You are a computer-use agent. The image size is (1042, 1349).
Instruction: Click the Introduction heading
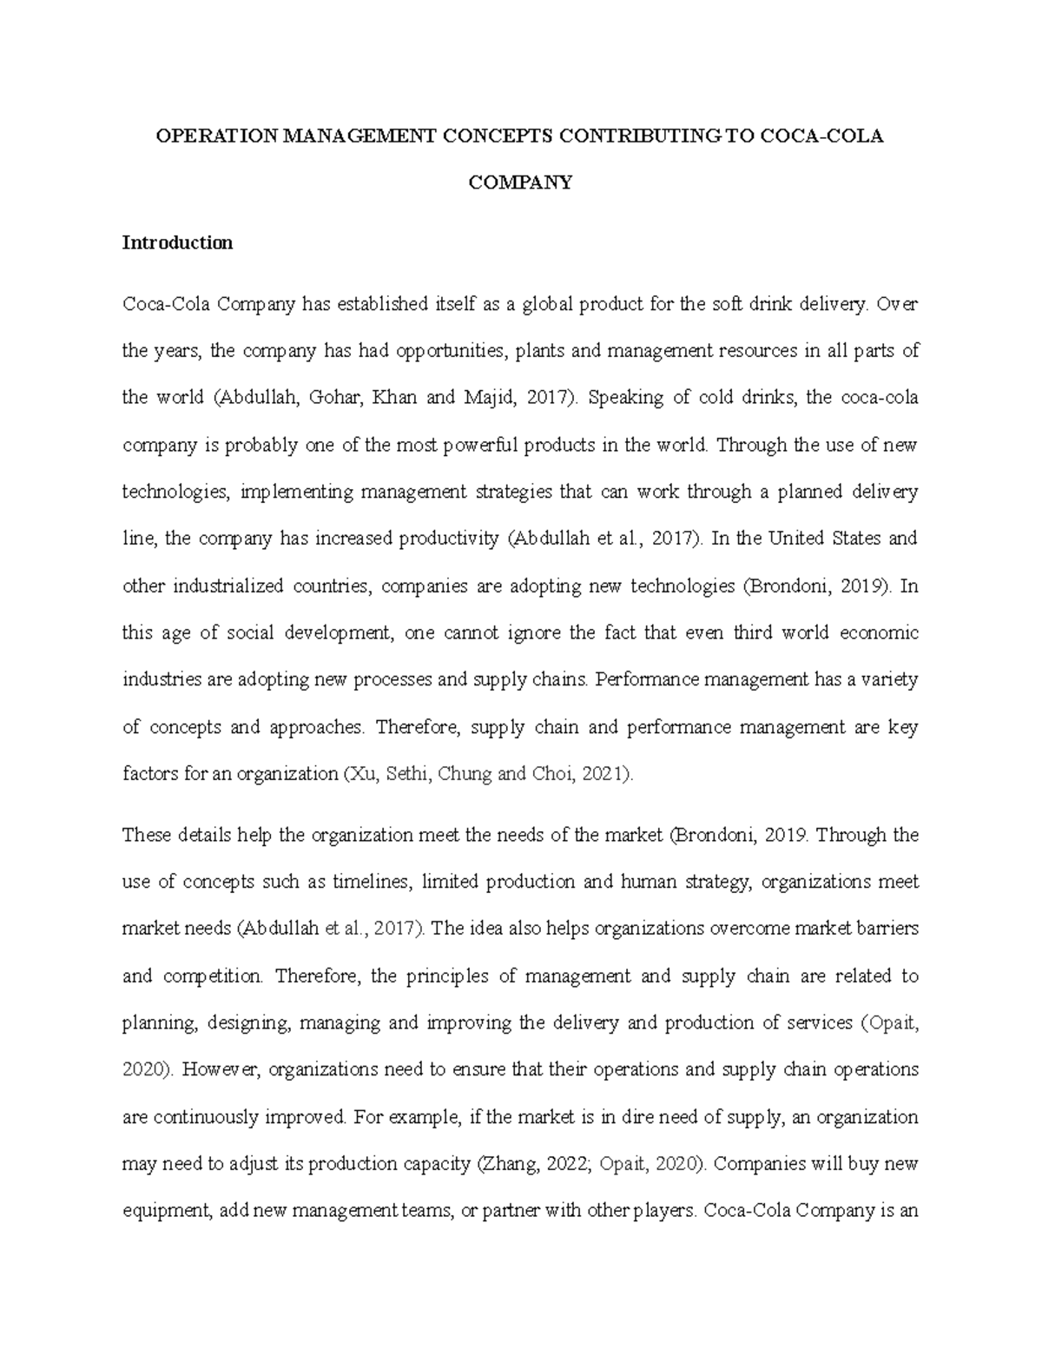(177, 243)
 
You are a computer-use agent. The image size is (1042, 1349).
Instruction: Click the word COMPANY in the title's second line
(520, 182)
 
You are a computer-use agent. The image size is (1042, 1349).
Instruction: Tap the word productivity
(448, 539)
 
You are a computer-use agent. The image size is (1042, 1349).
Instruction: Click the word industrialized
(228, 586)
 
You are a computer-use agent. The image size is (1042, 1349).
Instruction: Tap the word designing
(252, 1023)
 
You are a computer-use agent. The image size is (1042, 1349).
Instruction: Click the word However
(221, 1070)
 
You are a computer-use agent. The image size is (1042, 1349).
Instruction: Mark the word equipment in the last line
(166, 1211)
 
